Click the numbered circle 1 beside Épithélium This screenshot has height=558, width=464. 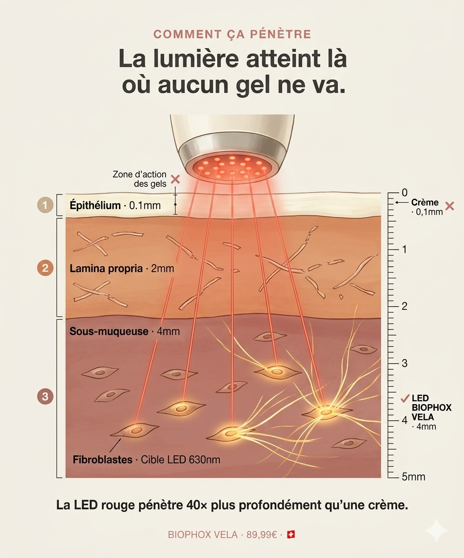(x=45, y=205)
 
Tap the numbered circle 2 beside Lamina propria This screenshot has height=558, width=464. (x=45, y=268)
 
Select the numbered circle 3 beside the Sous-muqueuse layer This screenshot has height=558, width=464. (x=45, y=396)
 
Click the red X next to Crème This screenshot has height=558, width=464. (x=450, y=206)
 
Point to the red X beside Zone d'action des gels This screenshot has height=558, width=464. (x=175, y=179)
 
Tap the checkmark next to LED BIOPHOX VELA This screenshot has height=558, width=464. (x=405, y=398)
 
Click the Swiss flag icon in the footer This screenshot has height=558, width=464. (x=291, y=534)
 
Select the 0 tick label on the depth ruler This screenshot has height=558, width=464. (x=405, y=193)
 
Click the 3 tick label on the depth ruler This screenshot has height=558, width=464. (x=405, y=363)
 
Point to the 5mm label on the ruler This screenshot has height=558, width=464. (x=413, y=477)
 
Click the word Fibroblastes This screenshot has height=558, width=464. (x=103, y=460)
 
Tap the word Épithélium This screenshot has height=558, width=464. (x=95, y=205)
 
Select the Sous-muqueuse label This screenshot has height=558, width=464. (x=109, y=331)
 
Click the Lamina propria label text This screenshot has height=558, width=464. (x=106, y=268)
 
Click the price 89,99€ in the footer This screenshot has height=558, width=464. (x=261, y=534)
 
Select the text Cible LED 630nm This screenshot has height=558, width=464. (x=180, y=460)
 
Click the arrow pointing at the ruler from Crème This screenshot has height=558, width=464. (x=402, y=202)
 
